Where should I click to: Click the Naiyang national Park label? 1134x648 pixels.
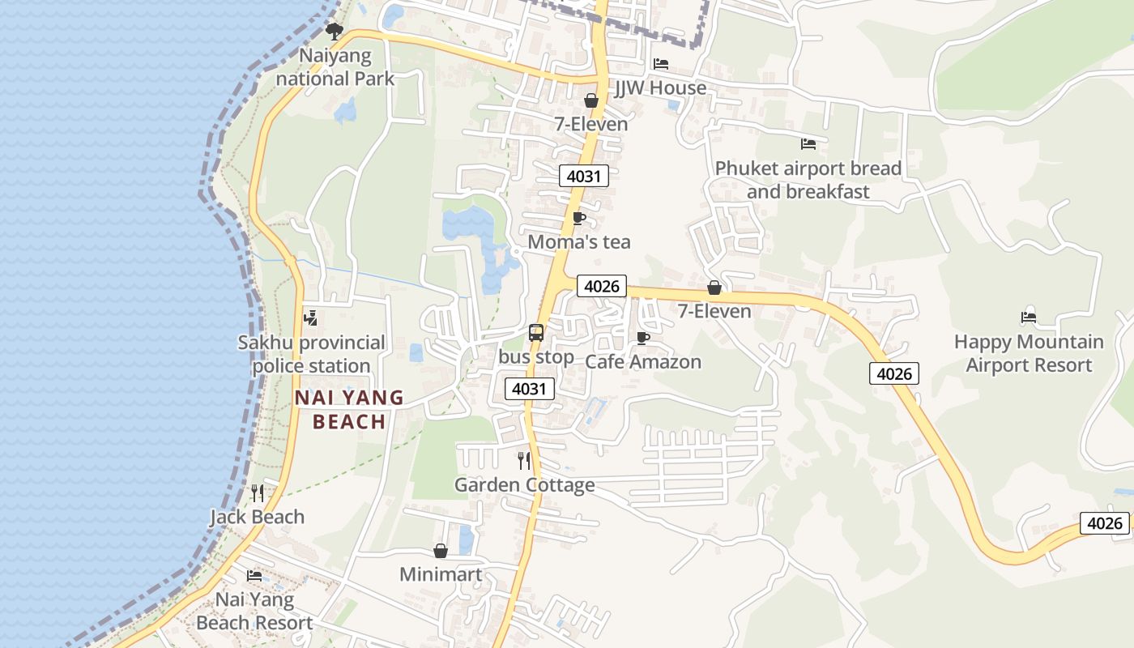tap(335, 67)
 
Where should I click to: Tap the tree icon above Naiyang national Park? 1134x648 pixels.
tap(334, 32)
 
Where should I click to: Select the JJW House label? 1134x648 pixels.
tap(660, 87)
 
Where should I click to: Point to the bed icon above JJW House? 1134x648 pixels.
tap(661, 63)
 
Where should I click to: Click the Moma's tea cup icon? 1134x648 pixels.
tap(579, 218)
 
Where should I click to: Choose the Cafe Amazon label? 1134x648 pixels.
tap(643, 361)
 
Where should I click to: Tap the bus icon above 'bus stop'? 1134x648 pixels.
tap(536, 332)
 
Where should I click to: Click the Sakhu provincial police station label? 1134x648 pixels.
tap(312, 354)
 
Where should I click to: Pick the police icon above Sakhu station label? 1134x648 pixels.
tap(310, 318)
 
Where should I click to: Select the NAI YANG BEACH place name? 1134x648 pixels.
tap(349, 409)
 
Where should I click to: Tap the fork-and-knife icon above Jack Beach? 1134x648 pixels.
tap(258, 492)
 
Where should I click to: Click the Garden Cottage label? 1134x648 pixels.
tap(525, 484)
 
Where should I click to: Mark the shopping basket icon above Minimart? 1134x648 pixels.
tap(441, 551)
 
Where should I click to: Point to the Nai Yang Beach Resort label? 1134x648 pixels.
tap(254, 612)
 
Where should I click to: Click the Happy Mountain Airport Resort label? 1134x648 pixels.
tap(1029, 353)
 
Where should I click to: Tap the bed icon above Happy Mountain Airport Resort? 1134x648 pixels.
tap(1029, 318)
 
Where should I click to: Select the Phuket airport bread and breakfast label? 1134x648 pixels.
tap(808, 180)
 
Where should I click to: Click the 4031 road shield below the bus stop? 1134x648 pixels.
tap(530, 389)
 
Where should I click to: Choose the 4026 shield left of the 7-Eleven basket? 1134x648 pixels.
tap(602, 286)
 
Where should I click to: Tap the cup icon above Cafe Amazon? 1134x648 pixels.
tap(643, 338)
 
